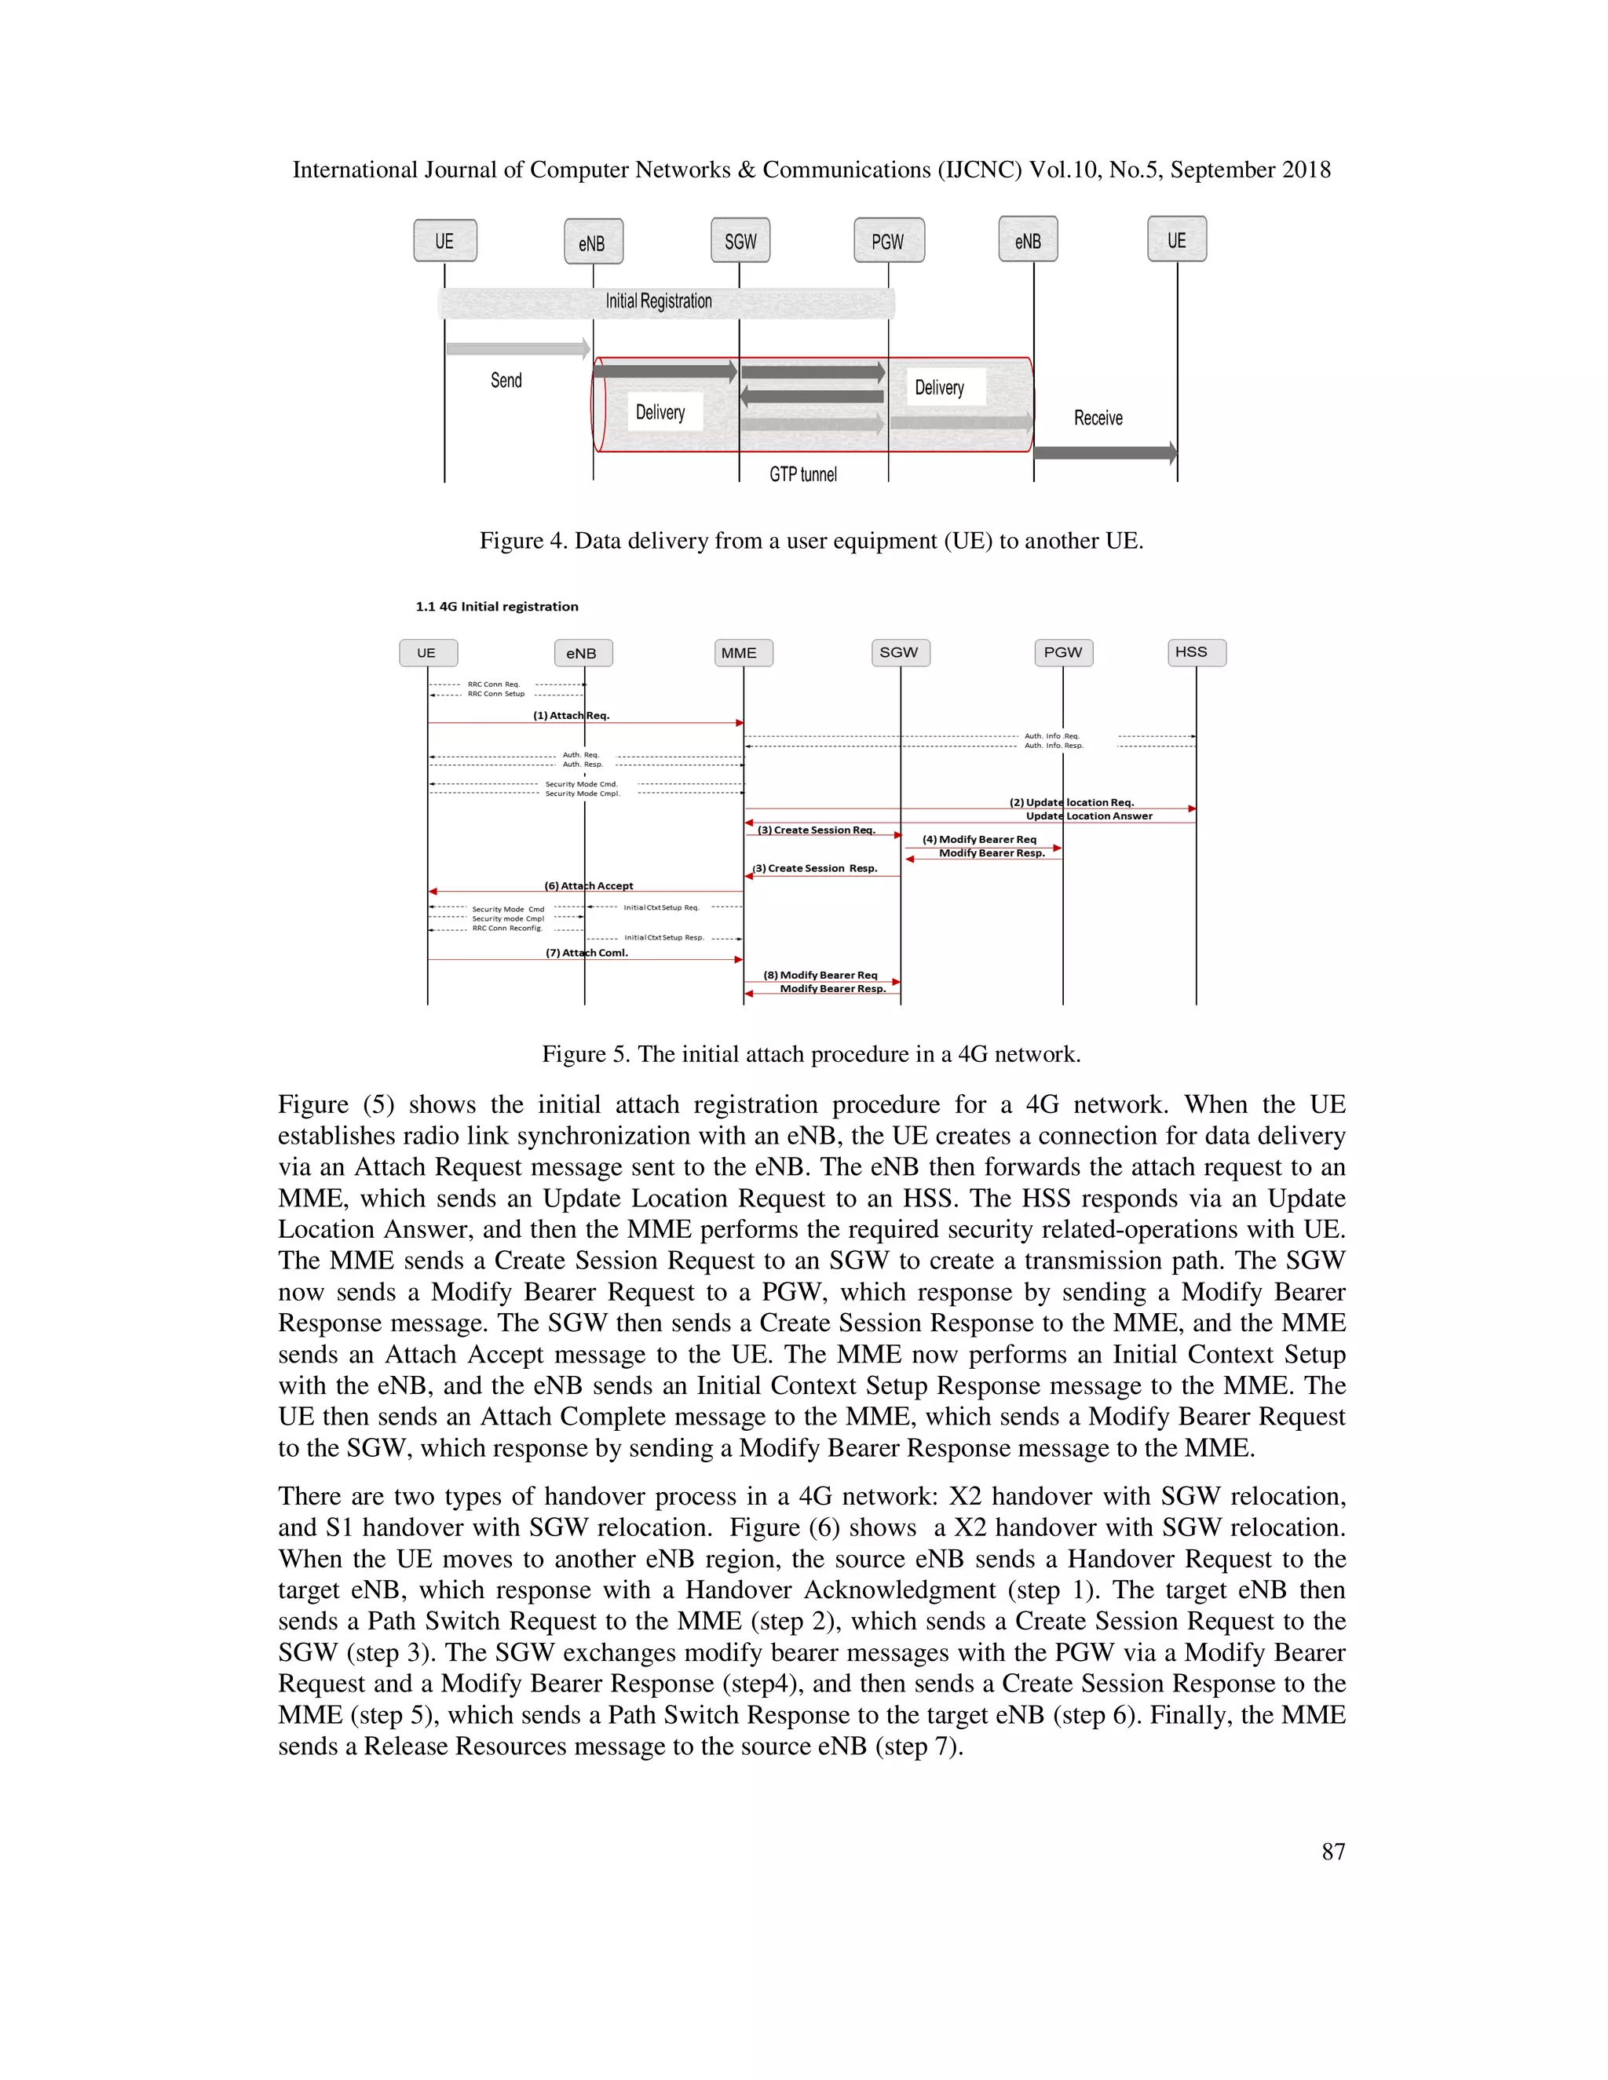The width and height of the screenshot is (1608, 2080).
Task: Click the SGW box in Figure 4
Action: pos(740,241)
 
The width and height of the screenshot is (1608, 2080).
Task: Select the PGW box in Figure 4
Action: pos(889,241)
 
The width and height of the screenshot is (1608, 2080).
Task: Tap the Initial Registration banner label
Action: pos(658,302)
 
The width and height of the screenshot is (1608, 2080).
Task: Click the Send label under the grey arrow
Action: pos(506,380)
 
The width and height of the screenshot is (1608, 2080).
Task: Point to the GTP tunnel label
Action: pos(803,474)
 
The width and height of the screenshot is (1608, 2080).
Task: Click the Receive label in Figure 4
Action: pos(1098,418)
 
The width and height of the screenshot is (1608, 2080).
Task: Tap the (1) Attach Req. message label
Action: pos(571,715)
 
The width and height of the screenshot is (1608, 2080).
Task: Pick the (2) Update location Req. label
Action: pos(1072,802)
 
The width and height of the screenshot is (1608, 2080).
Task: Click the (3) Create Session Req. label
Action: pos(816,830)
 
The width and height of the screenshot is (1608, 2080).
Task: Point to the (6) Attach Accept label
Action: pos(588,885)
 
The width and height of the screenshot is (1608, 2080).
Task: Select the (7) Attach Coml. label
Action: pos(586,952)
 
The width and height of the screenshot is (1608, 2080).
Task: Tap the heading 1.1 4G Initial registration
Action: pos(496,607)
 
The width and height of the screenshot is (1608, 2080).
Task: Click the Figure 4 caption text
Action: pos(810,541)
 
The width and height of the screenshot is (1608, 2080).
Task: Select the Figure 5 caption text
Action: pos(810,1054)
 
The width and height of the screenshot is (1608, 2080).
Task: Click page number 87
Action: pos(1332,1852)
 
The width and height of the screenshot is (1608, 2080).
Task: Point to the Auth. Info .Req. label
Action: pos(1051,736)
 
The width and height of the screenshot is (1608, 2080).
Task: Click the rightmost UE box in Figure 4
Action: pos(1176,240)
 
